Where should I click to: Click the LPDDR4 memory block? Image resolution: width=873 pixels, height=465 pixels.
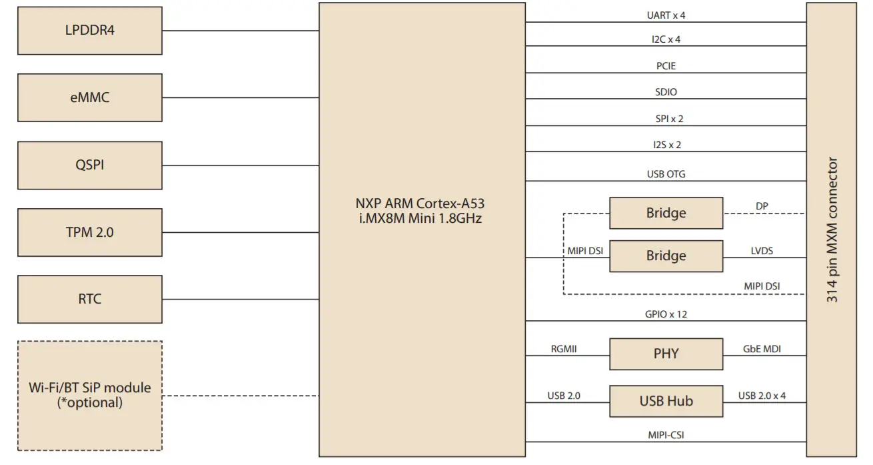coord(89,31)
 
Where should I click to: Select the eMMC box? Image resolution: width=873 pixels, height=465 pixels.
coord(89,97)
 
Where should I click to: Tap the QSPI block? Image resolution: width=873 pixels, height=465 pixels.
coord(89,165)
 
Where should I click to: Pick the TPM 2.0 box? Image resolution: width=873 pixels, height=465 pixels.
coord(89,232)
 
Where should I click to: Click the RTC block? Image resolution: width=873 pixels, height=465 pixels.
coord(89,299)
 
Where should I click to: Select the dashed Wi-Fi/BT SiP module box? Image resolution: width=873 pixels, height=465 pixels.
coord(89,395)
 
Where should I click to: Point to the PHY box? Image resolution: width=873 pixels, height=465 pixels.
coord(665,354)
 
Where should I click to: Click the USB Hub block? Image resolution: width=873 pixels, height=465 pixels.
coord(665,401)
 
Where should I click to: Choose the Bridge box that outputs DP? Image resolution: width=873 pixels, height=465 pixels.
coord(665,213)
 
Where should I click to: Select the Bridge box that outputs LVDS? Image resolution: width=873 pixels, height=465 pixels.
coord(665,256)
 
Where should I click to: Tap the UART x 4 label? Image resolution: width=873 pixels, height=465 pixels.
coord(666,15)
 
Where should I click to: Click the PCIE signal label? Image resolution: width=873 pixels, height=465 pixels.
coord(666,66)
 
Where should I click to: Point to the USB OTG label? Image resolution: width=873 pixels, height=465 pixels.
coord(666,174)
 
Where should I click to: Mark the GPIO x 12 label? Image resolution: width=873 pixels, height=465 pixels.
coord(666,314)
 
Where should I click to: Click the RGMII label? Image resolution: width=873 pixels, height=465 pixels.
coord(563,348)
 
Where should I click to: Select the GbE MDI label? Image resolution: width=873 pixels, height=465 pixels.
coord(762,348)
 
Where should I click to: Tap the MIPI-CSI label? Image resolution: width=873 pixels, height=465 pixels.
coord(666,435)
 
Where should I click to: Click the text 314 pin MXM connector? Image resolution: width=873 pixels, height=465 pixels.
coord(832,230)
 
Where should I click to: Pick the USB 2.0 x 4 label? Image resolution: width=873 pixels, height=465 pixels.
coord(762,395)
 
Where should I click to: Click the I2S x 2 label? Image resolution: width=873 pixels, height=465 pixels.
coord(666,145)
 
